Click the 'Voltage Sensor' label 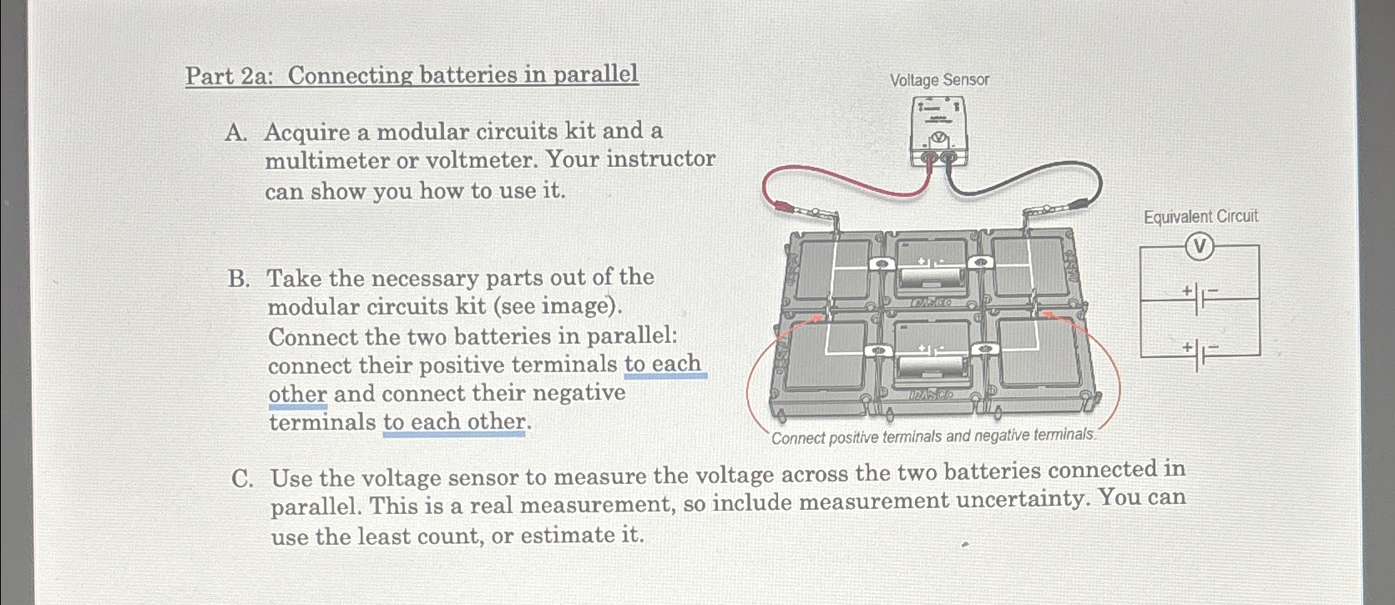[x=938, y=80]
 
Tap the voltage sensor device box [x=938, y=132]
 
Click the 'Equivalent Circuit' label [x=1200, y=217]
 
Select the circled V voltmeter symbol [x=1200, y=246]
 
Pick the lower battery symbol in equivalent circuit [x=1200, y=355]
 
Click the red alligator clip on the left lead [x=785, y=206]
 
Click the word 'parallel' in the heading [x=596, y=74]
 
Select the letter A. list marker [x=236, y=133]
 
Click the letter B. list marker [x=239, y=279]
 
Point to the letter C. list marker [x=242, y=479]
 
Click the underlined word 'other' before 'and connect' [x=297, y=394]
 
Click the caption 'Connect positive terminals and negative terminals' [x=933, y=436]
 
